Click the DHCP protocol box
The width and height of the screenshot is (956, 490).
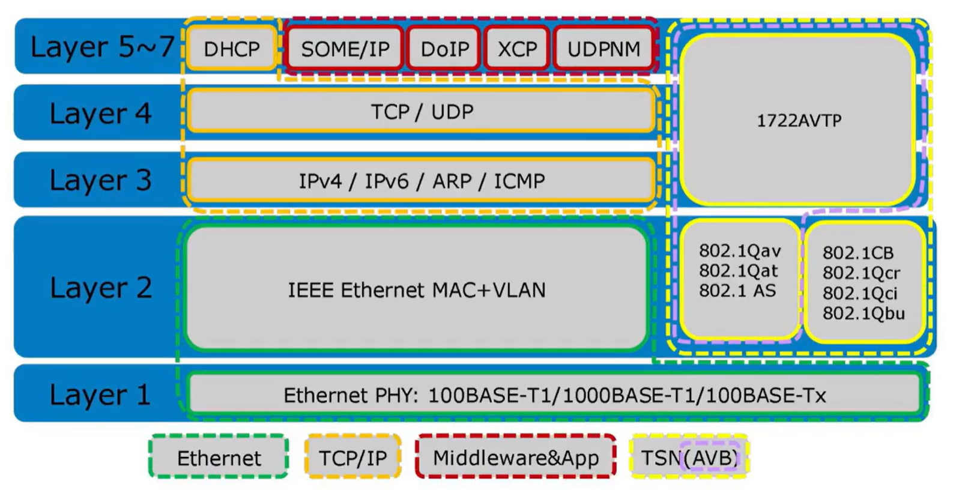pos(231,49)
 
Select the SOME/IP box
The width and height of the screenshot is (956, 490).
pos(345,49)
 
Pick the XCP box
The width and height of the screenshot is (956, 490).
pos(517,49)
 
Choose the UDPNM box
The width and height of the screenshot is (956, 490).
pos(604,49)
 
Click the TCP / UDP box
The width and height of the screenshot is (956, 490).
pos(422,112)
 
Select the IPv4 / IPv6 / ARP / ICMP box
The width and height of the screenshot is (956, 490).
pos(422,181)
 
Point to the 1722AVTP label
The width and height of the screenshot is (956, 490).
pos(799,121)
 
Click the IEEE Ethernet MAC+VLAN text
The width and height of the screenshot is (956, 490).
pos(417,290)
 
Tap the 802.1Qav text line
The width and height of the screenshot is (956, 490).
pos(740,251)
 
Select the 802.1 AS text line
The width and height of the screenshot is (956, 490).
pos(737,291)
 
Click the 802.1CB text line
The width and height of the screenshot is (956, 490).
pos(858,253)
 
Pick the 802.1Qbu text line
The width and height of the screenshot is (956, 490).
pos(864,313)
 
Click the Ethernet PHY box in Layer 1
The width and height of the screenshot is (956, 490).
pos(554,395)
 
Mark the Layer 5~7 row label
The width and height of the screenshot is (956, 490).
pos(102,47)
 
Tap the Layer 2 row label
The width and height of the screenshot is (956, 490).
pos(100,288)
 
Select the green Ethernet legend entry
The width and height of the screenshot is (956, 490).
pos(219,458)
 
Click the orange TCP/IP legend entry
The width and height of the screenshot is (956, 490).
pos(352,458)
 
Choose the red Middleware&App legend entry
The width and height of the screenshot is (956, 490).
pos(516,458)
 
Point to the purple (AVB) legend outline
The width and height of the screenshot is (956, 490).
pos(711,458)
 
